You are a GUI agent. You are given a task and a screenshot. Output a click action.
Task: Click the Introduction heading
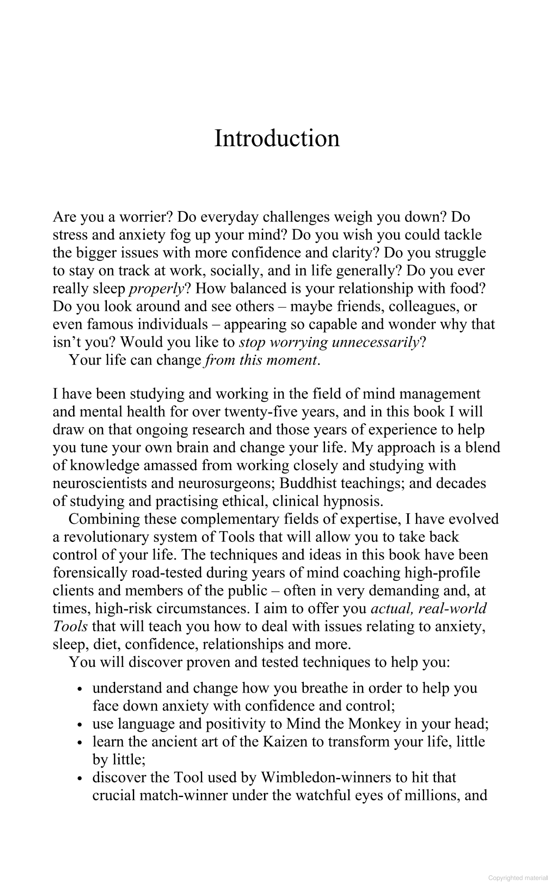277,138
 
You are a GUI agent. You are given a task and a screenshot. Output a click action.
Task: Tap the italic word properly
157,288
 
